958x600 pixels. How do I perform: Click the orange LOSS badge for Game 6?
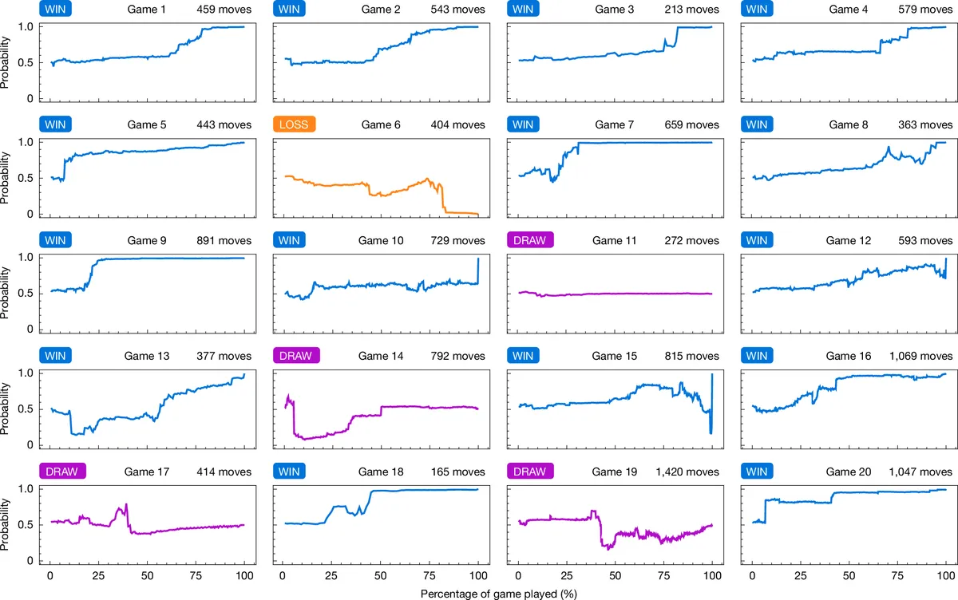(295, 124)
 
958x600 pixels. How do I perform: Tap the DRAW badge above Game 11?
(530, 240)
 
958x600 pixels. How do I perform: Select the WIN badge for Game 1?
(55, 9)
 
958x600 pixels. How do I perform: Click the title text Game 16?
(848, 356)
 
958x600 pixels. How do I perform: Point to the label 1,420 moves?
(687, 472)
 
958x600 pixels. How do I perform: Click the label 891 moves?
(224, 241)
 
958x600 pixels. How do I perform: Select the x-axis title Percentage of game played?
(499, 594)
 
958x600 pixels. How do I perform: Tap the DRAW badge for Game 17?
(62, 472)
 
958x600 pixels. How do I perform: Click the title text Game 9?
(147, 241)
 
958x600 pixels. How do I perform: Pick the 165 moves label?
(457, 472)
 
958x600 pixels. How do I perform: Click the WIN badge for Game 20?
(757, 472)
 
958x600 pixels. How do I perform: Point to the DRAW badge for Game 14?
(296, 356)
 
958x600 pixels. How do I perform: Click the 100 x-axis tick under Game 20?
(945, 575)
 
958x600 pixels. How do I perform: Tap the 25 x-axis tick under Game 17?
(98, 575)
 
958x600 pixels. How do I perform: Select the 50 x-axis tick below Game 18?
(380, 575)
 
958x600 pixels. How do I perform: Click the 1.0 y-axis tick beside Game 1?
(26, 27)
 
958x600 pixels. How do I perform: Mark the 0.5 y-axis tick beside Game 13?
(26, 409)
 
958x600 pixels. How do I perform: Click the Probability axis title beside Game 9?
(5, 293)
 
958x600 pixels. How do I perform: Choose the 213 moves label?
(691, 10)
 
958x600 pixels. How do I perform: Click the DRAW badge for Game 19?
(530, 472)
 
